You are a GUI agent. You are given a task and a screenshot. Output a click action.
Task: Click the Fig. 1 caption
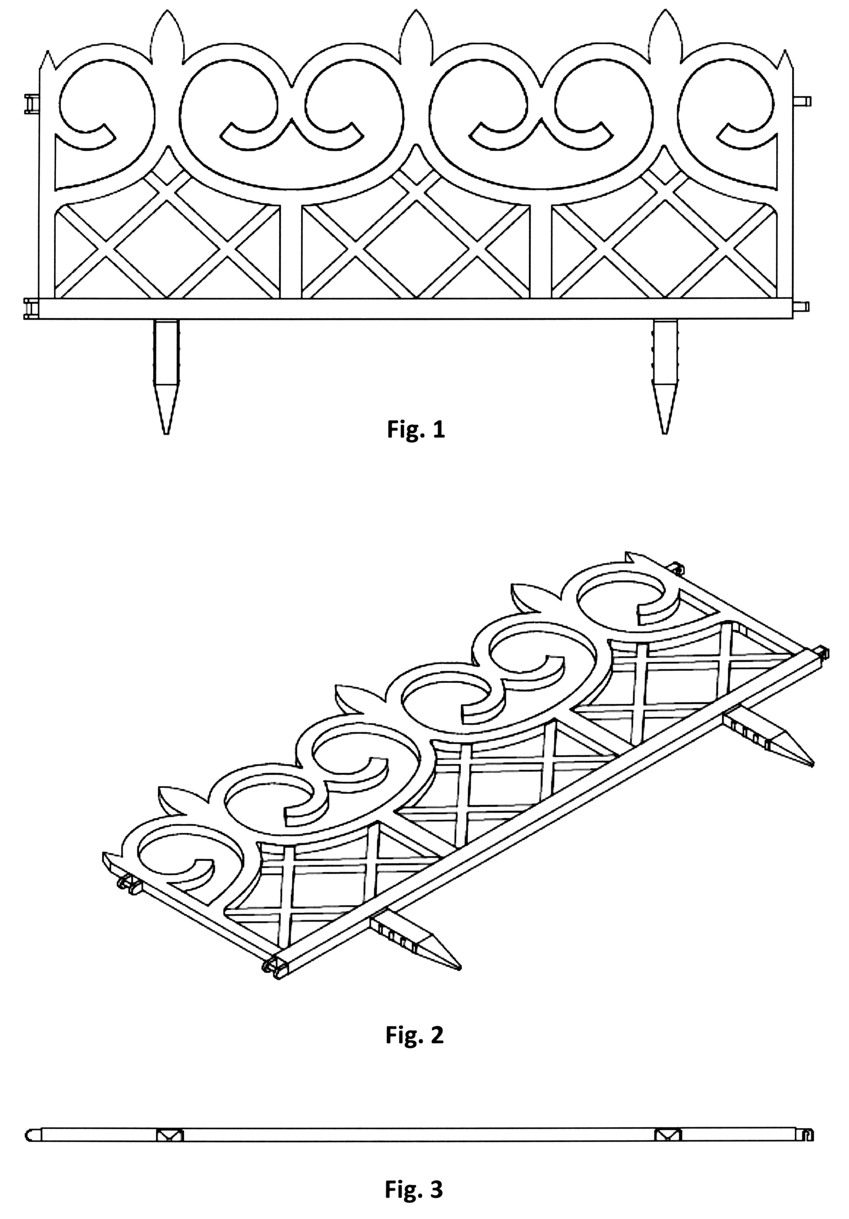416,429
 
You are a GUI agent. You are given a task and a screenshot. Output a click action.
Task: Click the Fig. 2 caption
415,1035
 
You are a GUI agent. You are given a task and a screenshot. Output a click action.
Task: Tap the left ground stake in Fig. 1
166,376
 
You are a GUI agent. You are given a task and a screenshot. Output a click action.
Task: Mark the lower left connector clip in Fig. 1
32,309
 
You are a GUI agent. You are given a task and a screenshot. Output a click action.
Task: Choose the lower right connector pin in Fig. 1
802,307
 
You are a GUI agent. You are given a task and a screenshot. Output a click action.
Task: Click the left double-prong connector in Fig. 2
128,883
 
